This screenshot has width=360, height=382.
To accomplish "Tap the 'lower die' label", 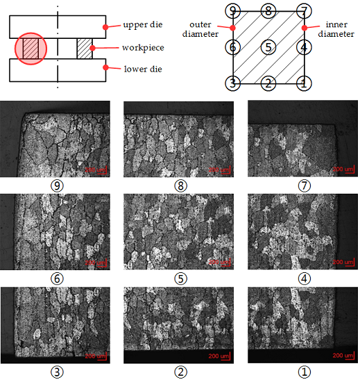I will (x=142, y=69).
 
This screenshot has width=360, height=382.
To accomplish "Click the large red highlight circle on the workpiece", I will (x=31, y=48).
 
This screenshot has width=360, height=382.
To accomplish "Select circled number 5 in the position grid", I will (x=268, y=47).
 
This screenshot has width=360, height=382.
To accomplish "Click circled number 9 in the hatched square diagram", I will (x=234, y=10).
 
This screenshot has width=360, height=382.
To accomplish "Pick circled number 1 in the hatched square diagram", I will (x=302, y=83).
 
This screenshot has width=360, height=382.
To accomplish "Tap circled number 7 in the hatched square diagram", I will (x=302, y=10).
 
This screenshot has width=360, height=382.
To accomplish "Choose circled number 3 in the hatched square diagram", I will (x=234, y=83).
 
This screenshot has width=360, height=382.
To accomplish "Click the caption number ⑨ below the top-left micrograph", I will (x=55, y=185).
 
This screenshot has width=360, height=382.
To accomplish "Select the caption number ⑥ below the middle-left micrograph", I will (x=55, y=279).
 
